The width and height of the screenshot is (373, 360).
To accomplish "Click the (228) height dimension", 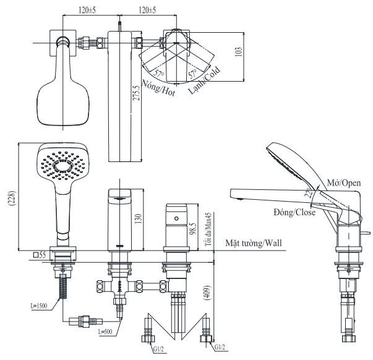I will [x=12, y=198].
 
